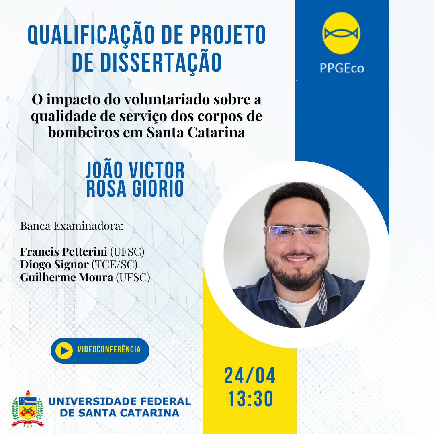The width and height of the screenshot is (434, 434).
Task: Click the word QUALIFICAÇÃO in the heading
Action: (91, 35)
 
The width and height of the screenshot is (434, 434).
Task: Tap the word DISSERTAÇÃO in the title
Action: (161, 62)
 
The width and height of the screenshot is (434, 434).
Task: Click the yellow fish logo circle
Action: (341, 33)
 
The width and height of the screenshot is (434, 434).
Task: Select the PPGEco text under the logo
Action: (342, 68)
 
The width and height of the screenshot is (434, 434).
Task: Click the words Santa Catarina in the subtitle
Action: (196, 132)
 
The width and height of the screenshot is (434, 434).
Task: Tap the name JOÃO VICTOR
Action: (135, 170)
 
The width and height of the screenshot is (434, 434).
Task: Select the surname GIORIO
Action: (158, 188)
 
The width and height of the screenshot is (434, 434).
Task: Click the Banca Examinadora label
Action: (72, 226)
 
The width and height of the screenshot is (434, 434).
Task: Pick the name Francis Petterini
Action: (63, 252)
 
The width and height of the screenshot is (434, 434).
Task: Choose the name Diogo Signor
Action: (55, 264)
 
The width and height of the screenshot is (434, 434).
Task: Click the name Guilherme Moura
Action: (67, 277)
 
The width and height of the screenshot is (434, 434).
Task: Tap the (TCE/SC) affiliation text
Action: (115, 264)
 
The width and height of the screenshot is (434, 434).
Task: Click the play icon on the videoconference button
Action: (64, 351)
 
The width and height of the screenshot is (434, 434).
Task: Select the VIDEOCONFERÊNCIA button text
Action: (109, 349)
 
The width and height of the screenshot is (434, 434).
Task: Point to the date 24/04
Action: (250, 376)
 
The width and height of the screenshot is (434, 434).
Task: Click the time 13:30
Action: (250, 399)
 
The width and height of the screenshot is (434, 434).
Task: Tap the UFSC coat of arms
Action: (27, 409)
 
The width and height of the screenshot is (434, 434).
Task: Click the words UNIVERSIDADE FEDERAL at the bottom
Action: (120, 401)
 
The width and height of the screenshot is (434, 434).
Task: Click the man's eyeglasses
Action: (297, 233)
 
